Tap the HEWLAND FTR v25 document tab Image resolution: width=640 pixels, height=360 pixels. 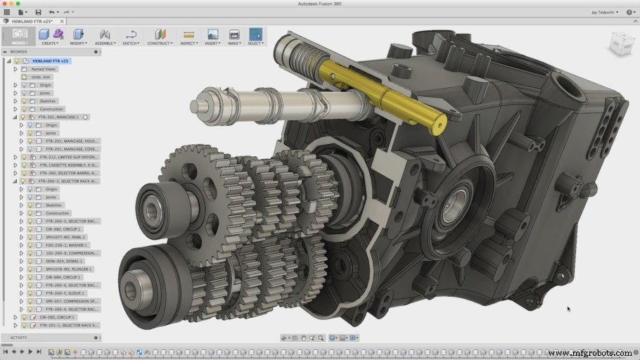31,21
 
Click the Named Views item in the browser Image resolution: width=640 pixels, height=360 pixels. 44,69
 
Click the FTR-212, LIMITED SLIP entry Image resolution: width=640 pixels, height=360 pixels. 68,157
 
